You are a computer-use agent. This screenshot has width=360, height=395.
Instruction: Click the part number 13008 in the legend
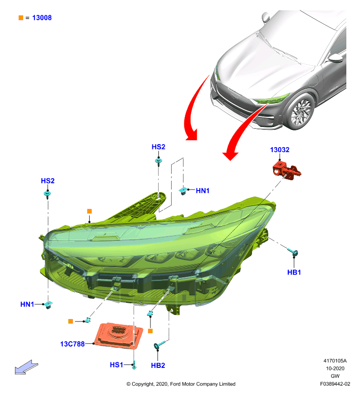click(42, 18)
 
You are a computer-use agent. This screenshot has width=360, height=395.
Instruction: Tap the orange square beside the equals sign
click(21, 18)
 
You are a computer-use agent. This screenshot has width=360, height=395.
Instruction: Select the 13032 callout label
click(280, 150)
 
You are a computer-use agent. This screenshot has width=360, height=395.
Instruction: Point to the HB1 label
click(294, 272)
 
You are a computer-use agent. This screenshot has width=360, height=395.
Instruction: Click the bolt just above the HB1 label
click(293, 252)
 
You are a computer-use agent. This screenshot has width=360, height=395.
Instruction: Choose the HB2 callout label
click(158, 365)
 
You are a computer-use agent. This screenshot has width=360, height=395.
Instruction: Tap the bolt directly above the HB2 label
click(159, 344)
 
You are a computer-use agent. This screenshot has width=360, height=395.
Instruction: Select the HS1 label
click(116, 364)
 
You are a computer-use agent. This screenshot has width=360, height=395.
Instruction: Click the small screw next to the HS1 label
click(134, 365)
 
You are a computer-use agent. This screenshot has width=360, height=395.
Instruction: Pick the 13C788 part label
click(72, 344)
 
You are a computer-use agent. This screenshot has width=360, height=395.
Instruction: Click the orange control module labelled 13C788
click(118, 336)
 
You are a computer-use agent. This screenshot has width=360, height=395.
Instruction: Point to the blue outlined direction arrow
click(26, 367)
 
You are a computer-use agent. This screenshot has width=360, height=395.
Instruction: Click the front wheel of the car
click(301, 112)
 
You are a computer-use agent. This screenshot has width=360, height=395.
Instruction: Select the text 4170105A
click(335, 361)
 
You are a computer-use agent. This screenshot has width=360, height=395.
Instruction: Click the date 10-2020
click(335, 368)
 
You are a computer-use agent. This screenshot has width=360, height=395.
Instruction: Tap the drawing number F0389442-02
click(335, 384)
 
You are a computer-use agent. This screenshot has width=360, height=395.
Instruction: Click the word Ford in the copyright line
click(176, 384)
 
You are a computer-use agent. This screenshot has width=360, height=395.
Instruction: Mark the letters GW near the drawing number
click(335, 376)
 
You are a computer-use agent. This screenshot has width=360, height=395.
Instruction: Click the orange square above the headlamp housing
click(89, 211)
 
